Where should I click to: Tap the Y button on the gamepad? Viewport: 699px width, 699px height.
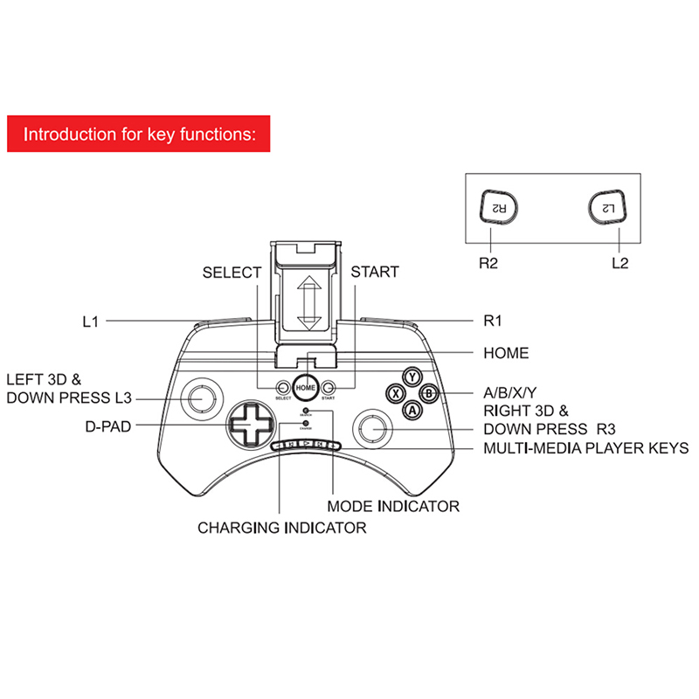(412, 377)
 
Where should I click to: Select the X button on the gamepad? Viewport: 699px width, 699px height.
(396, 393)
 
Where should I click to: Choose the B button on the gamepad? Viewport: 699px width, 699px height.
(429, 393)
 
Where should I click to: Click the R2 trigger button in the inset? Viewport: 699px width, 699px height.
(498, 208)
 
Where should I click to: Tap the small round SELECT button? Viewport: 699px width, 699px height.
(282, 387)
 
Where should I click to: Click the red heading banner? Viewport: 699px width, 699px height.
(139, 135)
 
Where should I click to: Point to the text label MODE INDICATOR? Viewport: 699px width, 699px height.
(393, 506)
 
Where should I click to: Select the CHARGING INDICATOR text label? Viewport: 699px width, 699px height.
(281, 528)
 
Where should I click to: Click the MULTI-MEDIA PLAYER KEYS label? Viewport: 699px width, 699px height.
(585, 449)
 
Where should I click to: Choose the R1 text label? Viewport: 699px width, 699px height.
(495, 321)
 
